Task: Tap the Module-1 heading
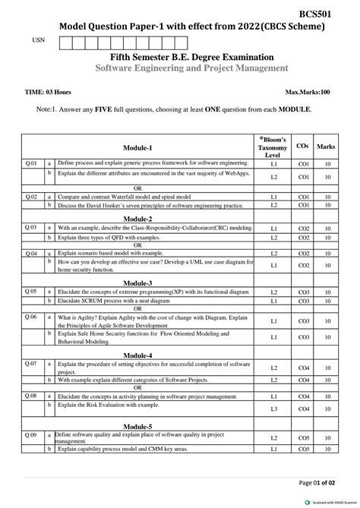[x=137, y=147]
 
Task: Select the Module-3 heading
[x=137, y=282]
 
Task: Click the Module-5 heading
[x=137, y=426]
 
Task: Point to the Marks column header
[x=326, y=146]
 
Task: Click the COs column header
[x=302, y=145]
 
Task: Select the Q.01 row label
[x=31, y=162]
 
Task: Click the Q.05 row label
[x=31, y=292]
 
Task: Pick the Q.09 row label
[x=31, y=435]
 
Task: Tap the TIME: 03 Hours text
[x=48, y=92]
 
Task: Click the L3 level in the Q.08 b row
[x=273, y=409]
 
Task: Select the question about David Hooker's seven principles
[x=150, y=205]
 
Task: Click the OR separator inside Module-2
[x=137, y=245]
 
